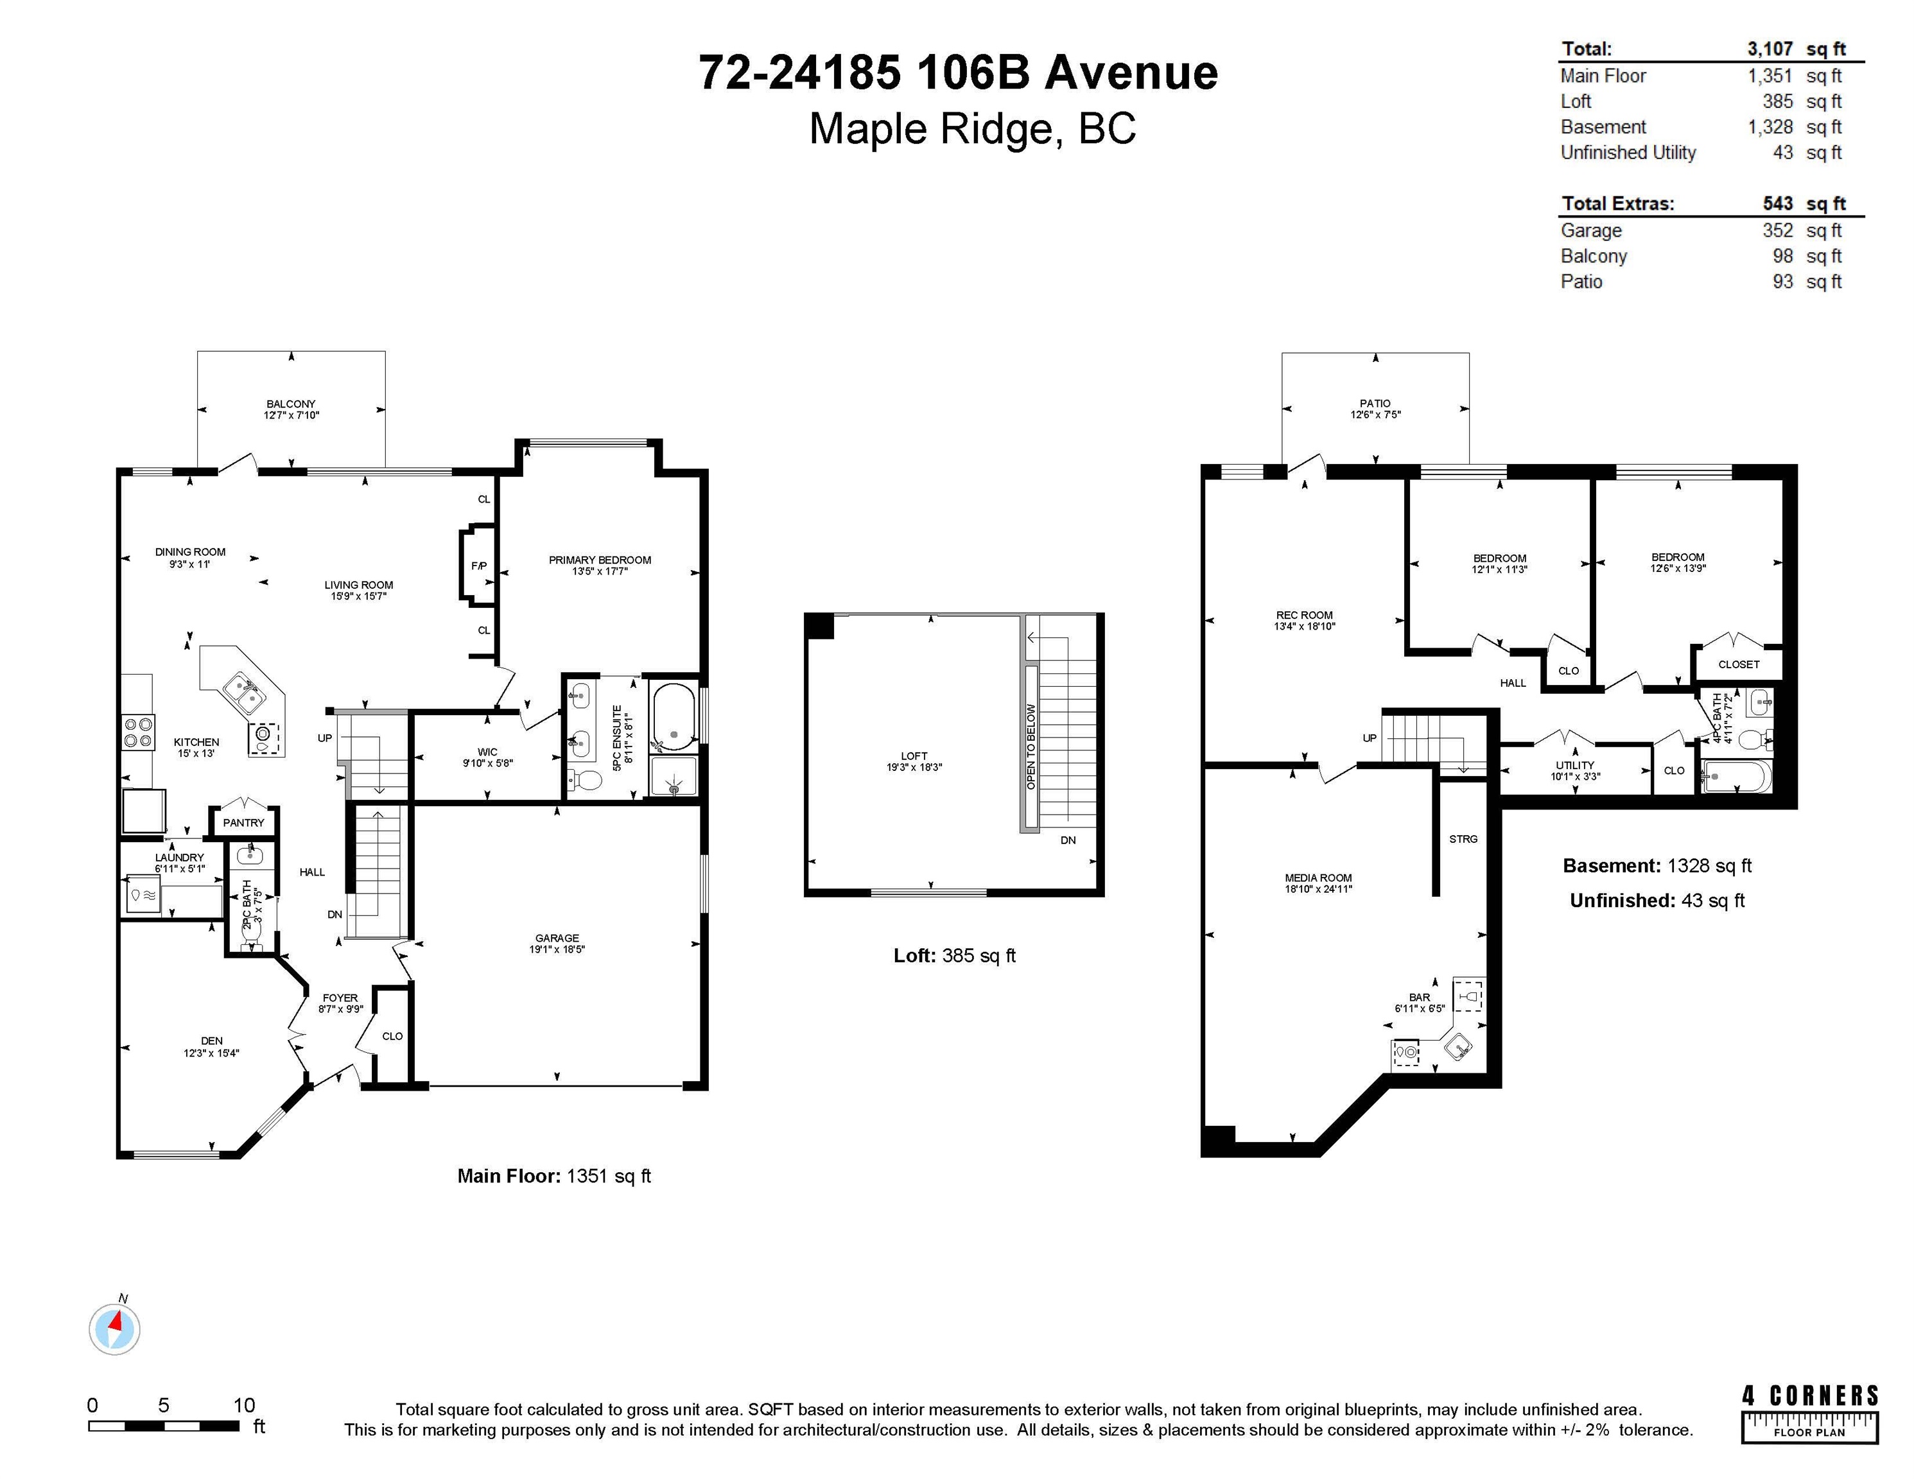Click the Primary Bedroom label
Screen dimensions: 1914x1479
[x=600, y=560]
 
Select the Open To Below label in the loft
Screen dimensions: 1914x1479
[x=1031, y=747]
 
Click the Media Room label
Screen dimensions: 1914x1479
[x=1318, y=878]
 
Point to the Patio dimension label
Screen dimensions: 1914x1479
[x=1375, y=415]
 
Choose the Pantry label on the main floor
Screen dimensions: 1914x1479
[x=243, y=823]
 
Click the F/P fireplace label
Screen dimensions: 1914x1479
[x=478, y=566]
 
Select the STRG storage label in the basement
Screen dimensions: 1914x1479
[x=1463, y=838]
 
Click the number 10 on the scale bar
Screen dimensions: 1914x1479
[x=243, y=1405]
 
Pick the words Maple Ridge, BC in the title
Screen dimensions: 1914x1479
[x=972, y=129]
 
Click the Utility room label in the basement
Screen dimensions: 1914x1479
[x=1575, y=765]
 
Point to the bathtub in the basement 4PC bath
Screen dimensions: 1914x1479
[x=1736, y=776]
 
